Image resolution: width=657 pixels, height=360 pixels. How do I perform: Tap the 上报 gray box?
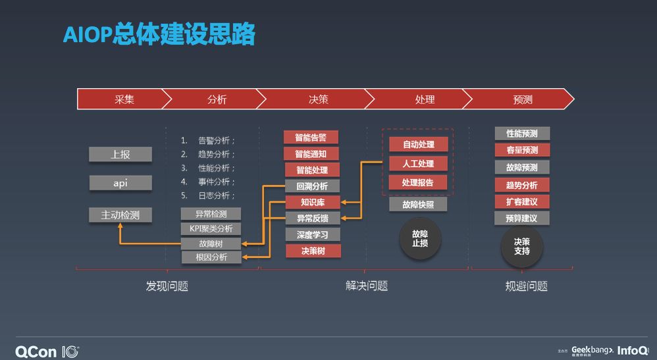[x=120, y=155]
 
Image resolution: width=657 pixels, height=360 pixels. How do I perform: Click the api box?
[x=120, y=183]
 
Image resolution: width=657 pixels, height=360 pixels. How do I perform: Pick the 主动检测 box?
[x=120, y=215]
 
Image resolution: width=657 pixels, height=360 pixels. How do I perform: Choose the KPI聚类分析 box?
[x=211, y=228]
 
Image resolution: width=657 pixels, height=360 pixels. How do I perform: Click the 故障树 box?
[x=211, y=244]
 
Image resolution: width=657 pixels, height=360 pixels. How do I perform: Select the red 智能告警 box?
[x=311, y=138]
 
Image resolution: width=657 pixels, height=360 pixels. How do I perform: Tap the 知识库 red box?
[x=313, y=202]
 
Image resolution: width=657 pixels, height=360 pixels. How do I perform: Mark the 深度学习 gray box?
[x=313, y=234]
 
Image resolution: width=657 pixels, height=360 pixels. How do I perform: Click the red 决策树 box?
[x=313, y=251]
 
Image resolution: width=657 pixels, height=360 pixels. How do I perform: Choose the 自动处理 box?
[x=418, y=144]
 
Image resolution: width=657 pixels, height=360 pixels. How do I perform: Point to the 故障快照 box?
[x=418, y=204]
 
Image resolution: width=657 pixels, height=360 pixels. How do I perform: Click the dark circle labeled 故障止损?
[x=420, y=238]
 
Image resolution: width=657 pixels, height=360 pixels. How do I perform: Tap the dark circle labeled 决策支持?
[x=522, y=246]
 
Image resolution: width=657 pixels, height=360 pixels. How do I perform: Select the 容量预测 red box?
[x=522, y=150]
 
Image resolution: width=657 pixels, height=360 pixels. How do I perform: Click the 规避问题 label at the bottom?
[x=526, y=286]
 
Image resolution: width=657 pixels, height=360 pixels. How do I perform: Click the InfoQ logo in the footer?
[x=633, y=350]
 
